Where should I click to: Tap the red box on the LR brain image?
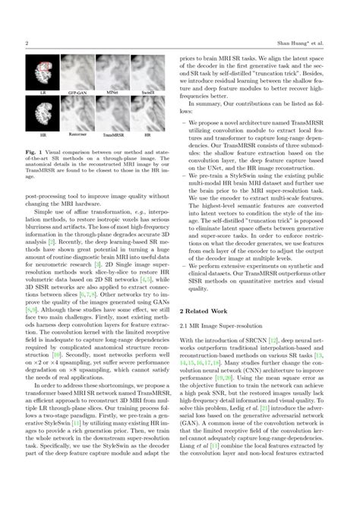(x=45, y=71)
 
